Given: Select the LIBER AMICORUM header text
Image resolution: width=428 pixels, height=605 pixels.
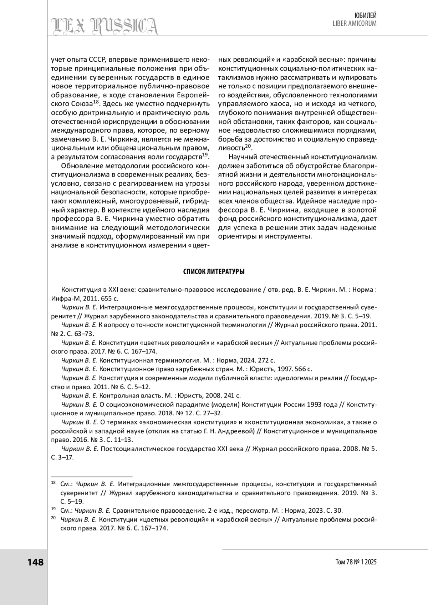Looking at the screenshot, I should point(355,24).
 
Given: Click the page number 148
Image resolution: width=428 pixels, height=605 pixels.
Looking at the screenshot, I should point(35,562).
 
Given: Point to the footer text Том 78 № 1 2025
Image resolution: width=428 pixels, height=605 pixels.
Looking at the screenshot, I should point(356,562).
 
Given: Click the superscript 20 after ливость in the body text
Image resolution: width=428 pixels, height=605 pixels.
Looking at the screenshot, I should point(248,146).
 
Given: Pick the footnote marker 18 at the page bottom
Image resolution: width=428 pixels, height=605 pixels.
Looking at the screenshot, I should point(53,482).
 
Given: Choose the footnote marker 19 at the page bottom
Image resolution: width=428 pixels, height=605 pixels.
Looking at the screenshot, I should point(53,509).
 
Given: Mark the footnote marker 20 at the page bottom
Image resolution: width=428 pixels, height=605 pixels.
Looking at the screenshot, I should point(53,518).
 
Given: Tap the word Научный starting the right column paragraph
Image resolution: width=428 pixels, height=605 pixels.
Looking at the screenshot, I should point(241,157).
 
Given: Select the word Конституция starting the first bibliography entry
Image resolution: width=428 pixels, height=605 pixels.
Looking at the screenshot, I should point(79,289).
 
